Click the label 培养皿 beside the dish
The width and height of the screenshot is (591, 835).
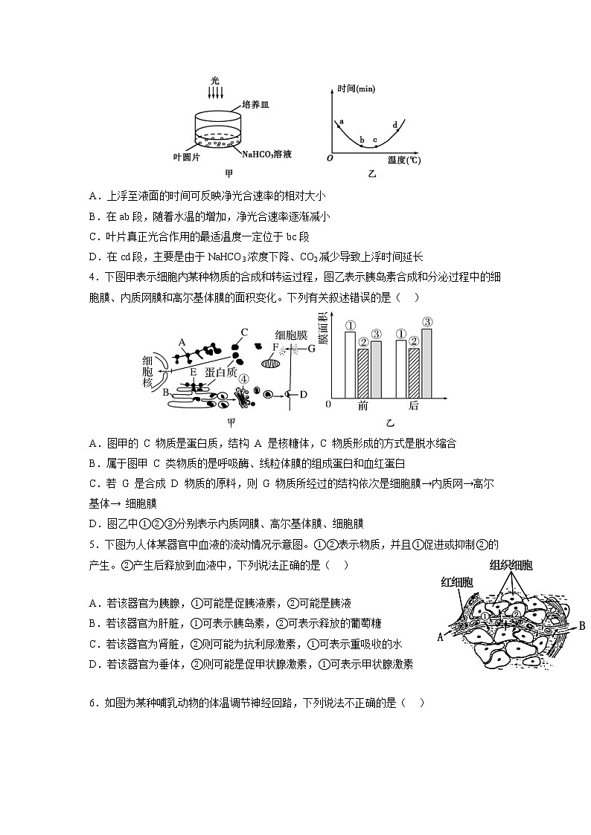254,106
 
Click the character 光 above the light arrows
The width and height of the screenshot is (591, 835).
214,80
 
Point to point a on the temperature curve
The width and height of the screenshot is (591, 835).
342,121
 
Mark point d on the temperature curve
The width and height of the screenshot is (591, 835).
394,124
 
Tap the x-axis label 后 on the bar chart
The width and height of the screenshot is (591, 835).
414,406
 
